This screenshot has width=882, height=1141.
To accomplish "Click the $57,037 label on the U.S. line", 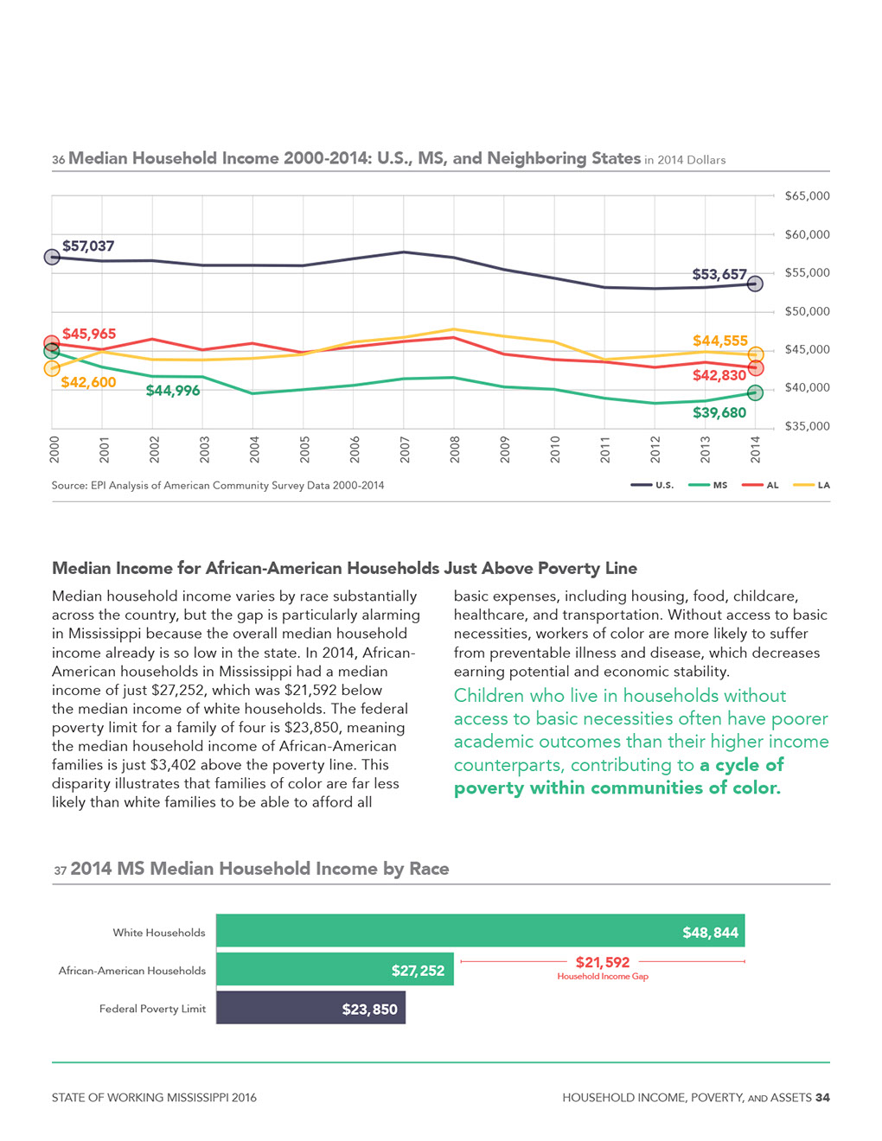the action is pyautogui.click(x=87, y=245).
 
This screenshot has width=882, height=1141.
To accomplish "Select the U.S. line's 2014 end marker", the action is pyautogui.click(x=754, y=284).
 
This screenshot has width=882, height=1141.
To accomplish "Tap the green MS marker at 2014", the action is pyautogui.click(x=754, y=392).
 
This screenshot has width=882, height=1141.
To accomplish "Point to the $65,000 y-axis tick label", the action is pyautogui.click(x=807, y=196).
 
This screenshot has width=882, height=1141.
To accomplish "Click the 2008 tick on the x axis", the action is pyautogui.click(x=454, y=449).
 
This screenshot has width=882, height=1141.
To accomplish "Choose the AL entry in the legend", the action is pyautogui.click(x=759, y=485).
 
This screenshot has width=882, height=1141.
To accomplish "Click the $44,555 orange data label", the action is pyautogui.click(x=719, y=341).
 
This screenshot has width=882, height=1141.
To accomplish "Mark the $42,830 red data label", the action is pyautogui.click(x=719, y=375).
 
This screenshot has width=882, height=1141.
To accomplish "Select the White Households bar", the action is pyautogui.click(x=480, y=930).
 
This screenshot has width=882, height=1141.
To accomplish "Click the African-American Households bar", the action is pyautogui.click(x=335, y=969).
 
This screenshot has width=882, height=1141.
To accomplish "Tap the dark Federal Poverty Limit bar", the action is pyautogui.click(x=310, y=1008).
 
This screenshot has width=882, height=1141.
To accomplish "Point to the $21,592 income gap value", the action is pyautogui.click(x=603, y=962).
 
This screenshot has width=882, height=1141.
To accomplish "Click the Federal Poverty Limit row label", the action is pyautogui.click(x=152, y=1009).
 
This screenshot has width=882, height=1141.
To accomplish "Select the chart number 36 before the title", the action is pyautogui.click(x=58, y=160).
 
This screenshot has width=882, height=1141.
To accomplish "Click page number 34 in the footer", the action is pyautogui.click(x=822, y=1097).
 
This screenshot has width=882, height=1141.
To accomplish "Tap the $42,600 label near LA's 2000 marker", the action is pyautogui.click(x=88, y=382).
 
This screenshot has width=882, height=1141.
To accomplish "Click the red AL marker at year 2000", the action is pyautogui.click(x=52, y=344).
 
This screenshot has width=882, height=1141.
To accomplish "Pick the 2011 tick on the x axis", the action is pyautogui.click(x=604, y=449).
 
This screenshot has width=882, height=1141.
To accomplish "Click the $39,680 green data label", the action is pyautogui.click(x=719, y=412).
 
